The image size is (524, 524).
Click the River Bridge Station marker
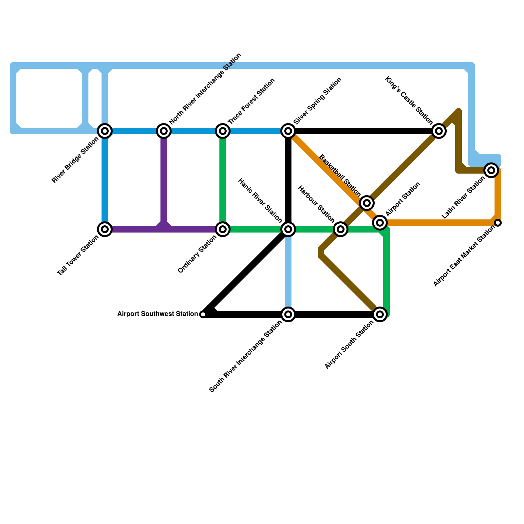tap(105, 131)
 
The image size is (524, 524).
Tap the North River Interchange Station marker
tap(164, 131)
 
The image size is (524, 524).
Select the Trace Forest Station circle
tap(223, 131)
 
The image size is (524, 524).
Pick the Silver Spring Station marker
tap(288, 131)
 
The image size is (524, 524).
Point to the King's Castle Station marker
tap(439, 131)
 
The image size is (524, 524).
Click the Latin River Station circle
tap(491, 170)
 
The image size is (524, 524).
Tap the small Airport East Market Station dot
tap(498, 223)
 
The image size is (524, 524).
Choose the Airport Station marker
tap(380, 223)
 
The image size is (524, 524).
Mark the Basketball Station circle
tap(367, 203)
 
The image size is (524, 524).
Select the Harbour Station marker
tap(341, 229)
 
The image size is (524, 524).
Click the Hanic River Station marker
tap(288, 229)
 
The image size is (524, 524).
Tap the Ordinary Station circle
tap(223, 229)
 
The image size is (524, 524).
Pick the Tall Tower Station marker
tap(105, 229)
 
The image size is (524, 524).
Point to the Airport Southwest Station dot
tap(203, 314)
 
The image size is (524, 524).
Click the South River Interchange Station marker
tap(288, 314)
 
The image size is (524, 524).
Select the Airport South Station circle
tap(380, 314)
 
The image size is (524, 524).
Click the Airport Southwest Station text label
tap(158, 314)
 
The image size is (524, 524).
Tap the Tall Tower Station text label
tap(78, 256)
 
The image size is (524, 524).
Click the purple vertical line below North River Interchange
tap(164, 180)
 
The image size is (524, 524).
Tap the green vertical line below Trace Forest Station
tap(223, 180)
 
